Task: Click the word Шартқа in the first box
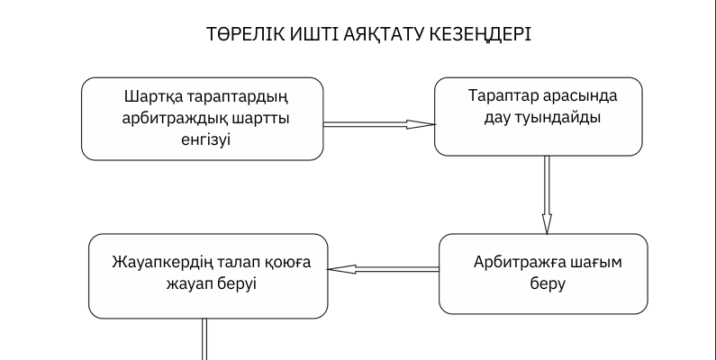pyautogui.click(x=153, y=97)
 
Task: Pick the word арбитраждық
pyautogui.click(x=175, y=119)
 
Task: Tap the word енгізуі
pyautogui.click(x=206, y=139)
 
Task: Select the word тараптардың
pyautogui.click(x=238, y=97)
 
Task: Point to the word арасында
pyautogui.click(x=580, y=95)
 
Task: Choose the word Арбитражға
pyautogui.click(x=520, y=263)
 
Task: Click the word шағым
pyautogui.click(x=596, y=263)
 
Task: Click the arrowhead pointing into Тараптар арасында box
pyautogui.click(x=421, y=124)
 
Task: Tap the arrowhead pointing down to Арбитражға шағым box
pyautogui.click(x=547, y=224)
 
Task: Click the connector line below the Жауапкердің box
pyautogui.click(x=204, y=339)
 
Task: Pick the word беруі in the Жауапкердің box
pyautogui.click(x=236, y=283)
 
